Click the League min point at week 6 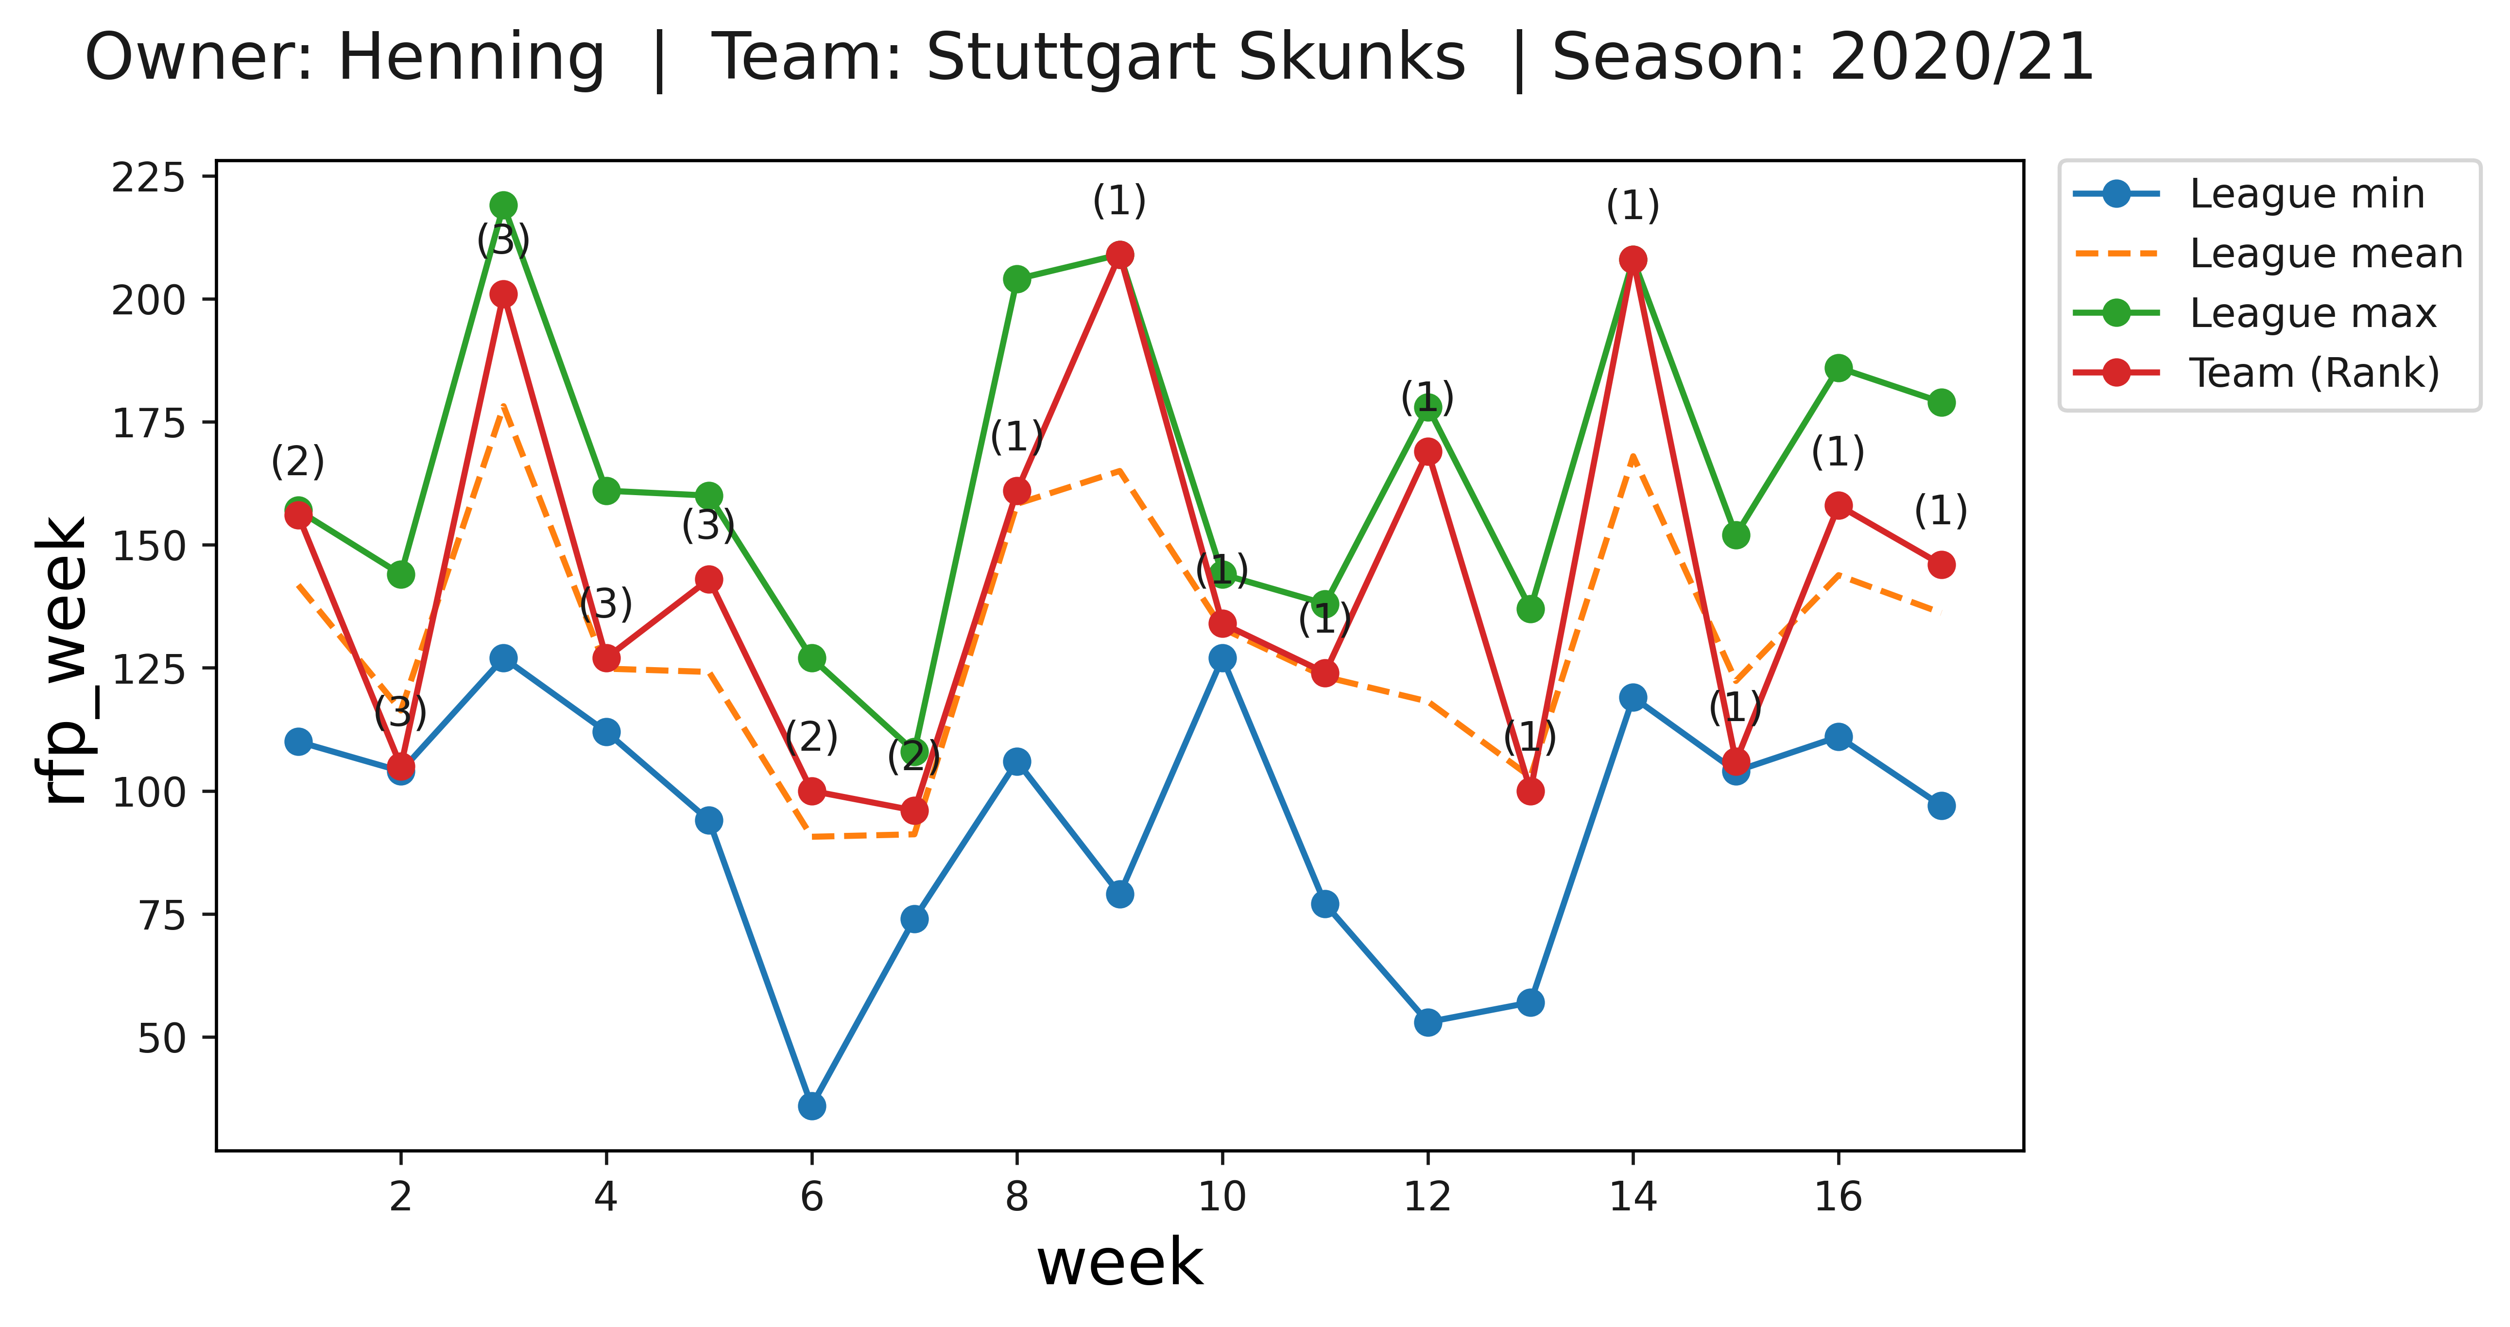[x=812, y=1106]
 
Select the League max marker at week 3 [x=504, y=205]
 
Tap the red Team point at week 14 [x=1633, y=259]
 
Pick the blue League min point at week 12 [x=1427, y=1022]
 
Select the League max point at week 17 [x=1941, y=402]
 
